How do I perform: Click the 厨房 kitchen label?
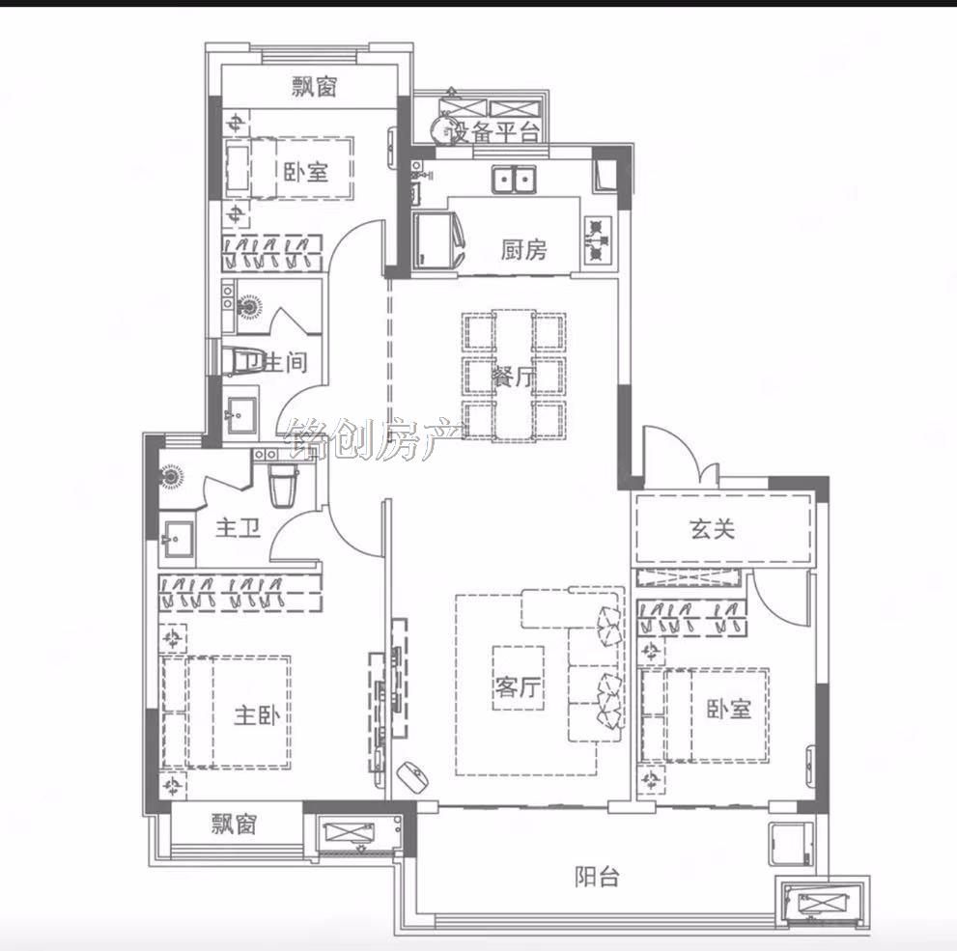point(523,249)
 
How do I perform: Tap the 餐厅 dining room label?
point(514,377)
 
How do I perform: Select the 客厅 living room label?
point(518,687)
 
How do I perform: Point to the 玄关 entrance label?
point(713,528)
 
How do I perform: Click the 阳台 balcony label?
point(597,877)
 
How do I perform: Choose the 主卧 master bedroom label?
point(257,714)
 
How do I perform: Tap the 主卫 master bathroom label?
point(238,528)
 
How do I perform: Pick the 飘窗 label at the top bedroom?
point(314,87)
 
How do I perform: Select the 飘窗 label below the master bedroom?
point(234,825)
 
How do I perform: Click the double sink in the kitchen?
point(514,180)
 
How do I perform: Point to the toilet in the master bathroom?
point(283,485)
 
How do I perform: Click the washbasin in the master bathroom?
point(177,539)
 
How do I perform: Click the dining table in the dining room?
point(514,374)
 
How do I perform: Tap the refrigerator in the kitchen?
point(437,239)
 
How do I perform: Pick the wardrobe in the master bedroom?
point(240,592)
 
